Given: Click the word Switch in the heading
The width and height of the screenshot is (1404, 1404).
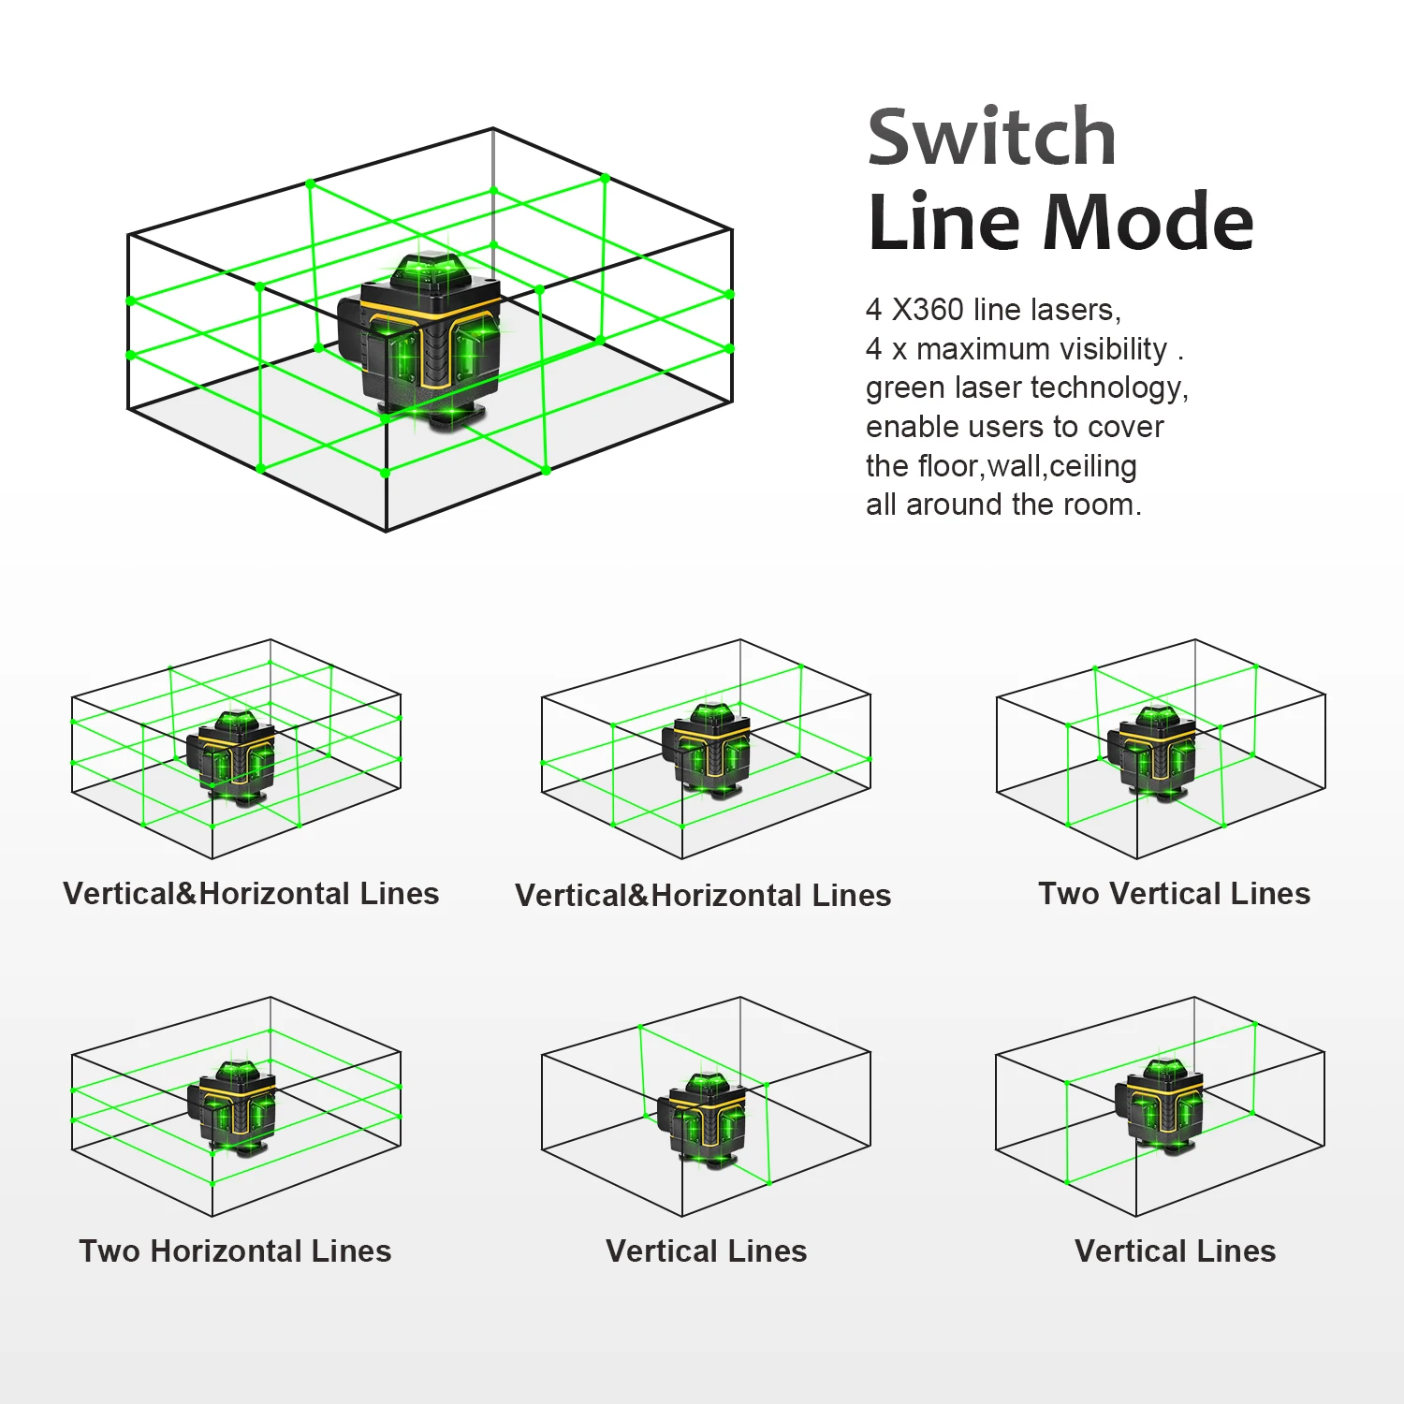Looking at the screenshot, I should click(992, 138).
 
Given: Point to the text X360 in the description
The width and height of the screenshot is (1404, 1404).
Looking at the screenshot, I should click(928, 309).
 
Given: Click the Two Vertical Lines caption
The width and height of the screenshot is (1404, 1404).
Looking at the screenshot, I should click(1174, 894).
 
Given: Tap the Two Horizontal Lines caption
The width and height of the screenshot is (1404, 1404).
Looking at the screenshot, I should click(235, 1251).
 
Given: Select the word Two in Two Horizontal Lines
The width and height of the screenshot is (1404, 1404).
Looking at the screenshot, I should click(110, 1251).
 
